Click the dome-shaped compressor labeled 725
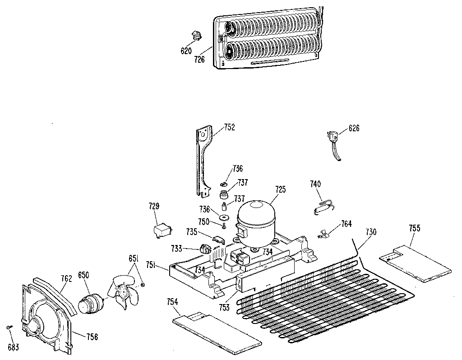[x=256, y=221]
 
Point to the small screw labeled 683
[x=10, y=327]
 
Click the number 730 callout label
[x=370, y=232]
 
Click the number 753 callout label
[x=224, y=308]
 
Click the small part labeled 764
[x=323, y=233]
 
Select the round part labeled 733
[x=205, y=249]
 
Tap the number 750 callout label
[x=204, y=222]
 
